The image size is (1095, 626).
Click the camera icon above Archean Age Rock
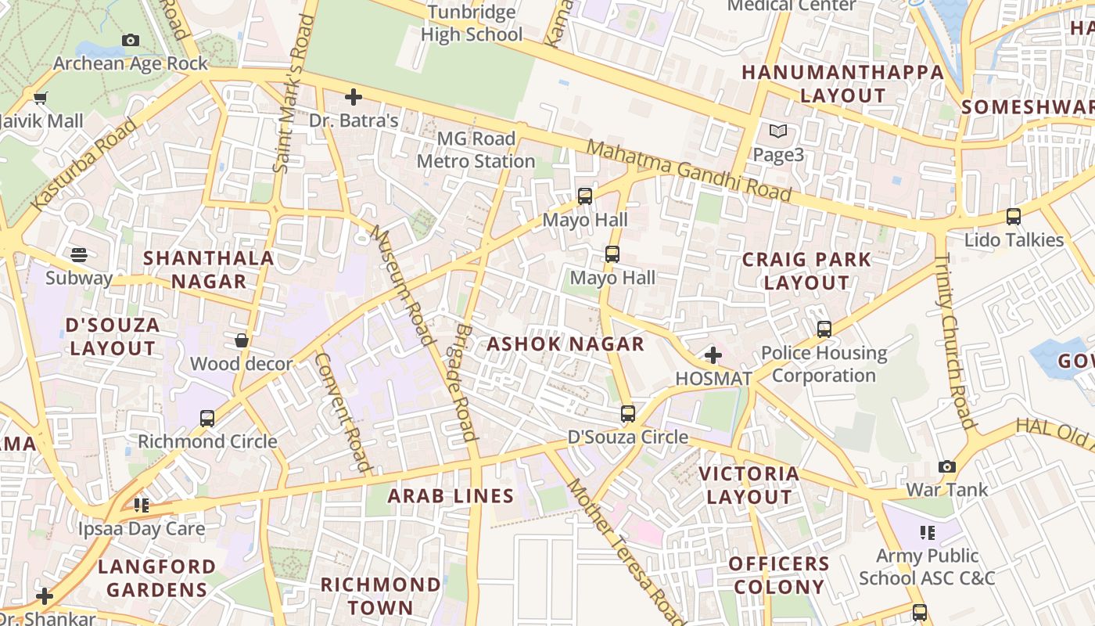click(x=131, y=41)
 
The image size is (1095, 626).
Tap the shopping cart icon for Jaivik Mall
click(x=40, y=98)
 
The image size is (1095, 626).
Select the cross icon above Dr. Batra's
click(x=354, y=97)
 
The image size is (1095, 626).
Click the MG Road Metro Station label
click(x=476, y=150)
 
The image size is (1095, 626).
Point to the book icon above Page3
click(x=778, y=131)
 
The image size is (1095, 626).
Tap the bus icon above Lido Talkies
click(x=1014, y=217)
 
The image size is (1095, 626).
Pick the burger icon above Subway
click(x=78, y=254)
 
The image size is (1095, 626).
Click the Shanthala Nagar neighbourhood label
click(x=209, y=269)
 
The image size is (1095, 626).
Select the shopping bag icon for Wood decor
click(x=242, y=340)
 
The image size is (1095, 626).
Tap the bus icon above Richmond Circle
click(x=207, y=418)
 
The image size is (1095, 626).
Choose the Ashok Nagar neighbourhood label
click(x=565, y=344)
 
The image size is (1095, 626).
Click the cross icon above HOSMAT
click(x=713, y=355)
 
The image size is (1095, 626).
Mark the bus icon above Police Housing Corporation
click(x=824, y=329)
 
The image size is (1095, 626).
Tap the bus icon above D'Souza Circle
click(x=627, y=413)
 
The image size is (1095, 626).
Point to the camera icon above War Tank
click(x=947, y=466)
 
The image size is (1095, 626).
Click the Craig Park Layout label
click(x=806, y=271)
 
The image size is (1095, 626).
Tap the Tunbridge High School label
click(x=472, y=23)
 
